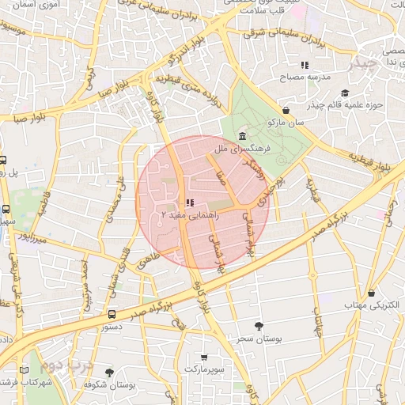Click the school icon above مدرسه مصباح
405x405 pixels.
[x=304, y=65]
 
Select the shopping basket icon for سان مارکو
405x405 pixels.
[x=286, y=111]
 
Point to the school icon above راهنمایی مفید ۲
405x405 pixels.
[x=190, y=202]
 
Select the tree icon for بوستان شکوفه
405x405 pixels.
[x=109, y=372]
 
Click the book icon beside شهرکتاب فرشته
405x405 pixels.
[x=24, y=370]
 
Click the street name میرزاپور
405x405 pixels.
[x=35, y=236]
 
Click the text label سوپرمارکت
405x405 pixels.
[x=206, y=369]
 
